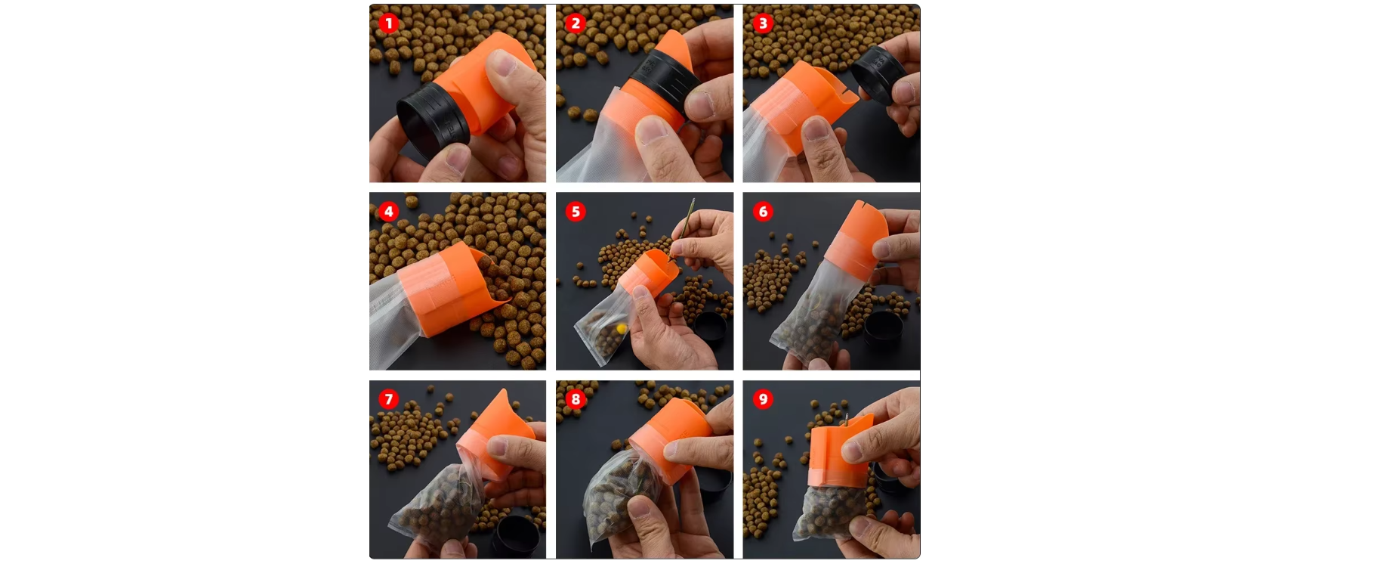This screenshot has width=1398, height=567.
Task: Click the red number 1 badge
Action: pyautogui.click(x=389, y=23)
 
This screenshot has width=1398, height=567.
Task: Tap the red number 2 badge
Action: pyautogui.click(x=576, y=23)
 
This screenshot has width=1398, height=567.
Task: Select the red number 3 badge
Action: pyautogui.click(x=763, y=23)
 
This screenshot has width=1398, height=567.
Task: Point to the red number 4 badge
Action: pyautogui.click(x=389, y=212)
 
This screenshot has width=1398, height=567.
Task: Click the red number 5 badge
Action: pyautogui.click(x=576, y=212)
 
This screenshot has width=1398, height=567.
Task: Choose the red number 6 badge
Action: pyautogui.click(x=763, y=212)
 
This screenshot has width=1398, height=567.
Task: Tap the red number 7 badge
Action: pyautogui.click(x=389, y=399)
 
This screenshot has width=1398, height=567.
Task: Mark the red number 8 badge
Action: pyautogui.click(x=576, y=399)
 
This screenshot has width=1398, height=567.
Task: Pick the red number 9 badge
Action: pyautogui.click(x=763, y=399)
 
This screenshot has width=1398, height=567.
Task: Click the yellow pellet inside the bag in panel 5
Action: pyautogui.click(x=621, y=329)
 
